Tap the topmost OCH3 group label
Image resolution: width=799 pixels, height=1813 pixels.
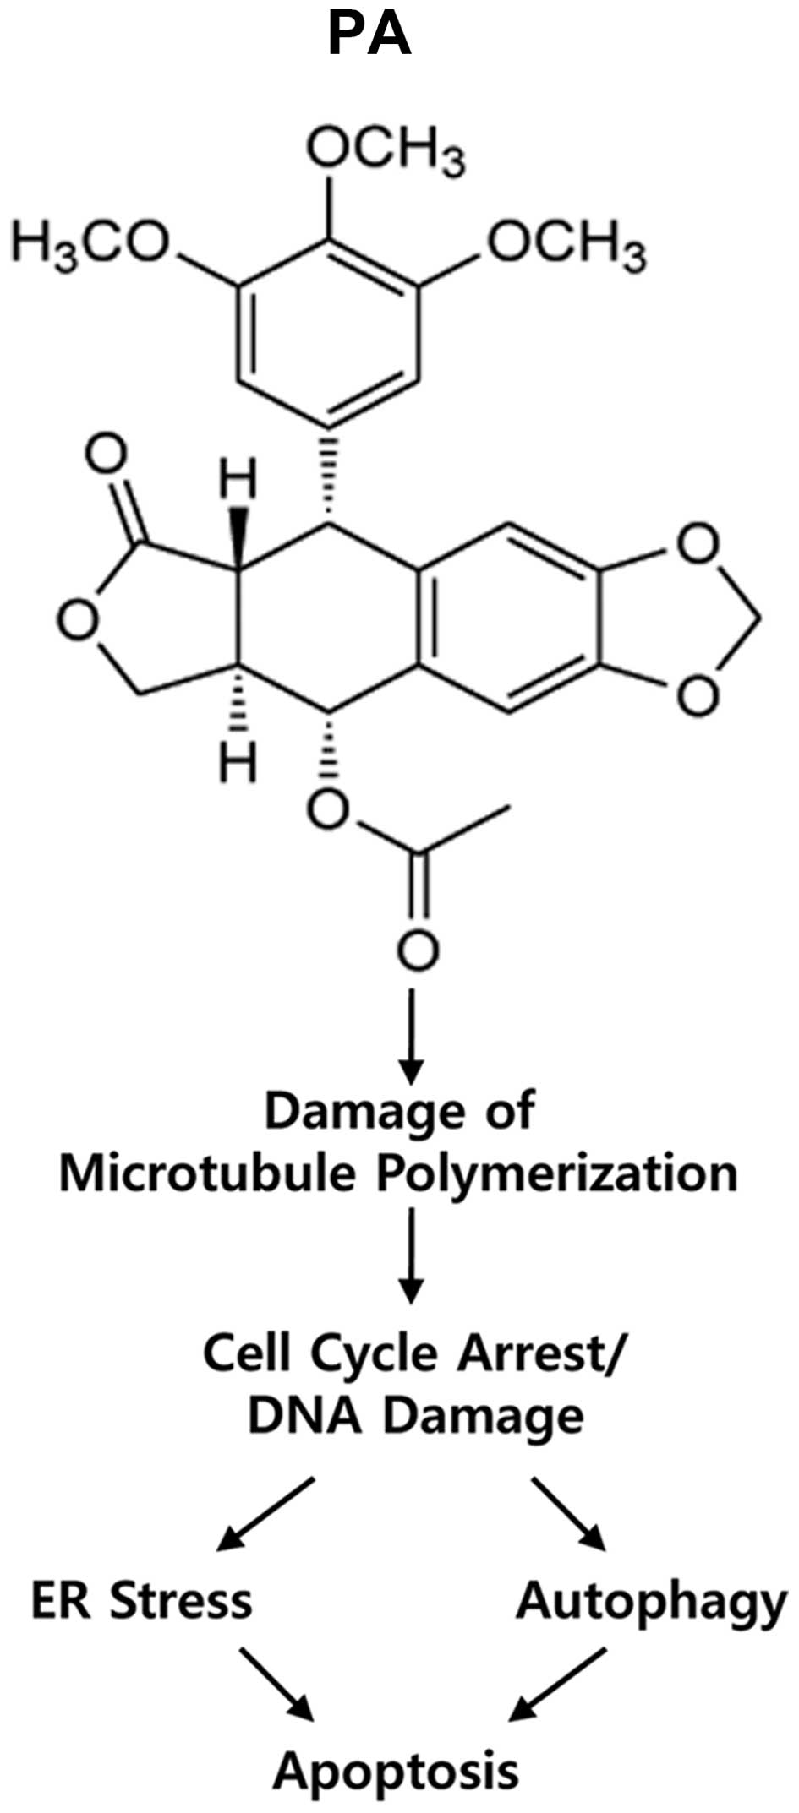pyautogui.click(x=385, y=152)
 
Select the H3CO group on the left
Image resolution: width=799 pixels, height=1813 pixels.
pyautogui.click(x=90, y=245)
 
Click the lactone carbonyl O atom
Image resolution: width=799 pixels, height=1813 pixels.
pyautogui.click(x=107, y=456)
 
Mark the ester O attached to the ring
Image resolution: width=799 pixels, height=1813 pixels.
pyautogui.click(x=328, y=810)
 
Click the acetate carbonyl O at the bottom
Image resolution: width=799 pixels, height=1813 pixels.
pyautogui.click(x=418, y=951)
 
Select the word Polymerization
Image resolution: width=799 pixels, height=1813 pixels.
pyautogui.click(x=557, y=1174)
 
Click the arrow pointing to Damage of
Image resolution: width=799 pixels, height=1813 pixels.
pyautogui.click(x=412, y=1035)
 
